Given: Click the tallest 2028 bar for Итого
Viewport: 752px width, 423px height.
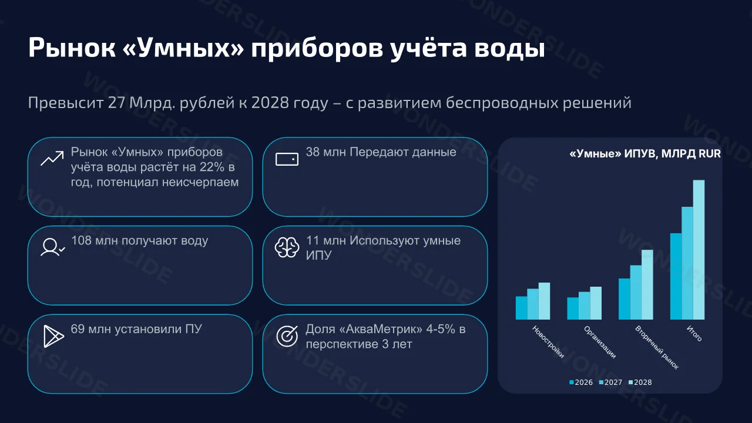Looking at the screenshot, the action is [699, 250].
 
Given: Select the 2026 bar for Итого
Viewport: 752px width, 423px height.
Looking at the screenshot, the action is [676, 276].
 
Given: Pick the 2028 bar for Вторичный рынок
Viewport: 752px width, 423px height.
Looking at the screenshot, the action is [647, 285].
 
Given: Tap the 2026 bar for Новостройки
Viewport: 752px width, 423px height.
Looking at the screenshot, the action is [521, 308].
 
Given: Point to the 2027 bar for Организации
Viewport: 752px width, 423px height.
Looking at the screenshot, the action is [584, 305].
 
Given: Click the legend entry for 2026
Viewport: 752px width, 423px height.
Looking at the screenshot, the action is [581, 382].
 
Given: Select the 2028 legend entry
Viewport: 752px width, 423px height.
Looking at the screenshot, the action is [640, 382].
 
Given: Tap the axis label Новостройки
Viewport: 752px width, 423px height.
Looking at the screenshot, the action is [548, 342].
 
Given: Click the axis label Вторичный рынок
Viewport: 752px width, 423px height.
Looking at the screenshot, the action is [657, 348].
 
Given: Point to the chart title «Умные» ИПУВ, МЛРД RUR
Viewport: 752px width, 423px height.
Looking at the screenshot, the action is [645, 154].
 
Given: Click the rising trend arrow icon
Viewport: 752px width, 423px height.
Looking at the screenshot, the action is [52, 159].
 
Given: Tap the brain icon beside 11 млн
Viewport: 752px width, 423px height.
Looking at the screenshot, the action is [287, 247].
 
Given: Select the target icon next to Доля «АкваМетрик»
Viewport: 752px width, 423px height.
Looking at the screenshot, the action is [287, 336].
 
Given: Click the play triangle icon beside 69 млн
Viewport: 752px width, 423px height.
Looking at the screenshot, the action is [53, 337].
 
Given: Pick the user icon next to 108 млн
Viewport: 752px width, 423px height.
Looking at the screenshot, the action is [53, 247].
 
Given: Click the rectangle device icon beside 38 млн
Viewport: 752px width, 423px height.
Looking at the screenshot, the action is [287, 159].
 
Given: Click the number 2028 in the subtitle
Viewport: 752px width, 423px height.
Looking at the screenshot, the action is [270, 103].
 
